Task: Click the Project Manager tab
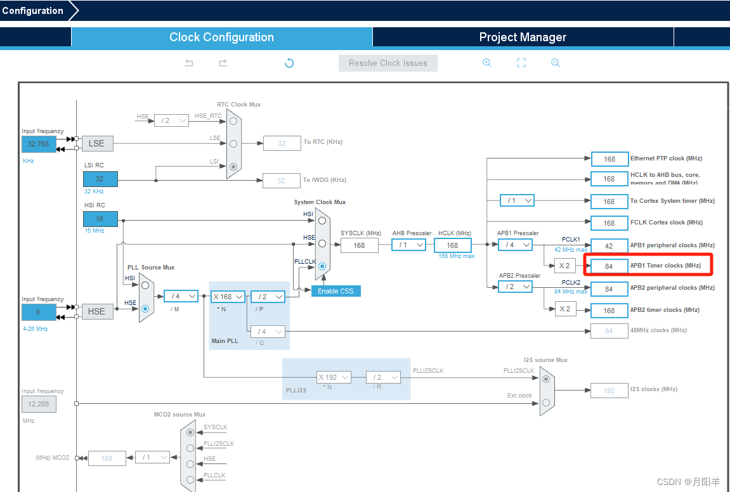click(x=523, y=37)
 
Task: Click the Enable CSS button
click(x=336, y=291)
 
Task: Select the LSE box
click(x=96, y=143)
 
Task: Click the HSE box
click(x=96, y=311)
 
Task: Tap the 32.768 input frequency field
click(x=39, y=144)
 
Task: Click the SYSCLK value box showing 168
click(x=359, y=245)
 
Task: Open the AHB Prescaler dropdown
click(x=408, y=245)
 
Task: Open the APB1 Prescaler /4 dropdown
click(x=515, y=245)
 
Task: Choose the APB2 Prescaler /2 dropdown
click(x=515, y=287)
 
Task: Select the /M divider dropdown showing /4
click(x=181, y=296)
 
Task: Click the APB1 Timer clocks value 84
click(x=609, y=266)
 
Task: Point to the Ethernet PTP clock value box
click(x=609, y=159)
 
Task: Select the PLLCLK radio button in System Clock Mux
click(x=322, y=266)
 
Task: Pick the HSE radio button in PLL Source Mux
click(x=146, y=309)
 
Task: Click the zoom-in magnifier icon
click(x=487, y=63)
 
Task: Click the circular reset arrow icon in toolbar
click(x=289, y=63)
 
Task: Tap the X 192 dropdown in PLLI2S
click(x=334, y=377)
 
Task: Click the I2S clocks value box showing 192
click(x=609, y=391)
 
